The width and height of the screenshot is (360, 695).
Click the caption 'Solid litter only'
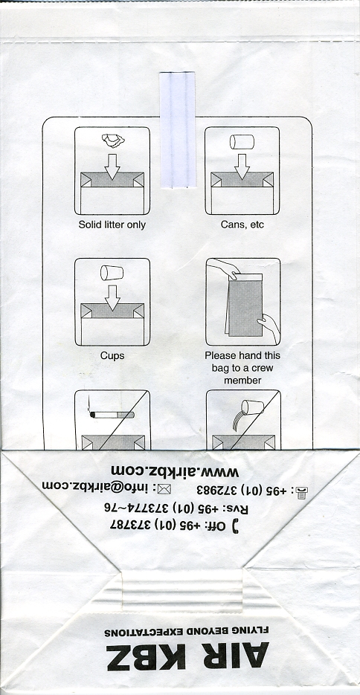112,224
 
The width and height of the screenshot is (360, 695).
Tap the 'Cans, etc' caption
242,224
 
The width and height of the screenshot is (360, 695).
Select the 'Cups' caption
112,355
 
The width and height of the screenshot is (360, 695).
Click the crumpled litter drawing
113,140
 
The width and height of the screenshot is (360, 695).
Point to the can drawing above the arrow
242,142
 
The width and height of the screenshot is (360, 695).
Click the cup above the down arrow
112,273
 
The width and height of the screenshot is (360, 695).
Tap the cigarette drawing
112,415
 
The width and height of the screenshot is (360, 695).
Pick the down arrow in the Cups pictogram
112,297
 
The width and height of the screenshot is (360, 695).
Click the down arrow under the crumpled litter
112,167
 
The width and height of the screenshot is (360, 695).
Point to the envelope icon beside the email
165,489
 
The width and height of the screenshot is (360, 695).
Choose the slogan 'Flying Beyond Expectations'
187,632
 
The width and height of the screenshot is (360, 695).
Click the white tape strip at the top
177,129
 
